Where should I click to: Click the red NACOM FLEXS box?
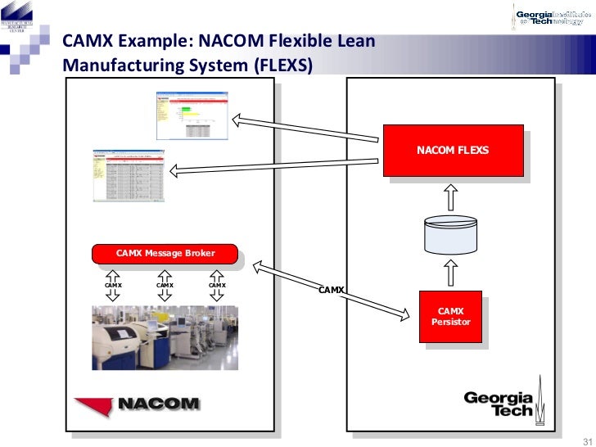point(453,150)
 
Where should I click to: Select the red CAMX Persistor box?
point(451,317)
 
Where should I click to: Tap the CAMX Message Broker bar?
point(165,254)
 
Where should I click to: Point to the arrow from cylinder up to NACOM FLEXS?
point(451,196)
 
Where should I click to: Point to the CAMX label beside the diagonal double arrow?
point(332,290)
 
